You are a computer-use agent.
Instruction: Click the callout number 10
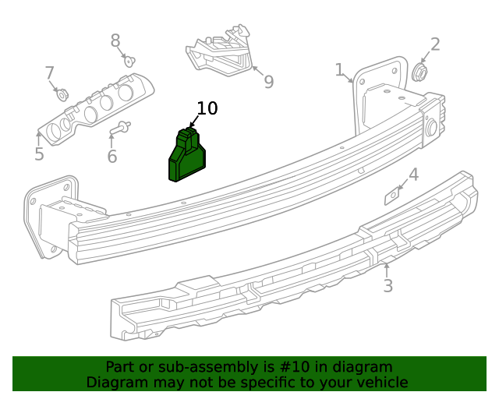tap(207, 108)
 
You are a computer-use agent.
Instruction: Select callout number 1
tap(340, 71)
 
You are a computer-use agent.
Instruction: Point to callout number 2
tap(435, 44)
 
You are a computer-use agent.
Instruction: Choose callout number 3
tap(388, 286)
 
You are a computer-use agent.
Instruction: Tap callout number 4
tap(413, 175)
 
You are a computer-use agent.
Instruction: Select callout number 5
tap(39, 154)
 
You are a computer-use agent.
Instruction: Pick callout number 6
tap(111, 157)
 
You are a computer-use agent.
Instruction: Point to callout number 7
tap(49, 73)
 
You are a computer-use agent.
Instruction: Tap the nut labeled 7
tap(62, 95)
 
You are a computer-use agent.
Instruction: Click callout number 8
tap(115, 41)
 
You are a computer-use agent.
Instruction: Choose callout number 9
tap(268, 82)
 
